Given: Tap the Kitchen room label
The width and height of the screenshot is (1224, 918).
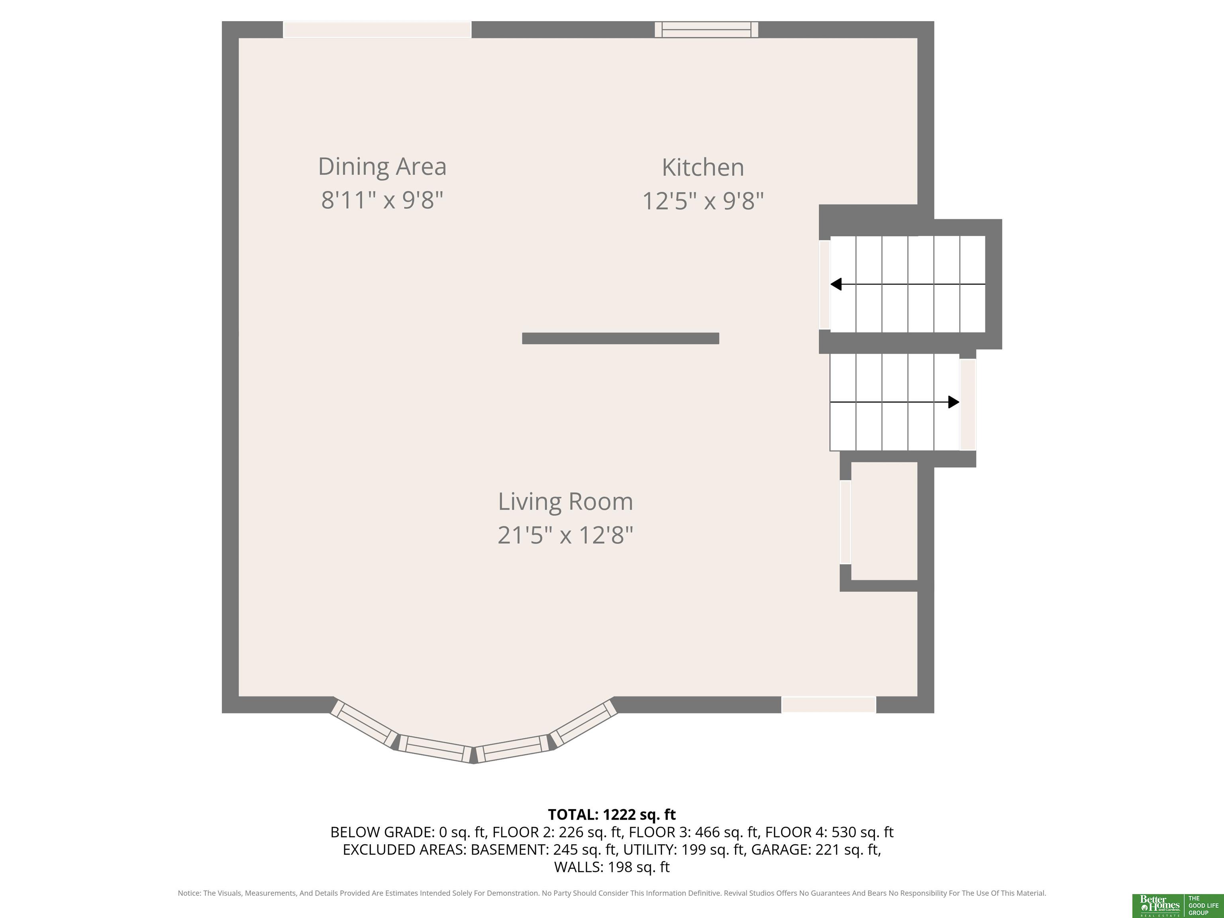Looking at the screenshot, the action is pos(703,167).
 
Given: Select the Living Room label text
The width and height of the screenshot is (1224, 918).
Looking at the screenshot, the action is pos(565,501).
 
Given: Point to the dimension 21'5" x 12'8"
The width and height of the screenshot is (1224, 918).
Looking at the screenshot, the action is pos(565,535).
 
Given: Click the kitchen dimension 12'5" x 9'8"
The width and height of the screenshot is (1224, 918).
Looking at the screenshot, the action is pos(703,201).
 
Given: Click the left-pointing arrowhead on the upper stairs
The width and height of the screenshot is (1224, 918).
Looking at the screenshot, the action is pos(836,284).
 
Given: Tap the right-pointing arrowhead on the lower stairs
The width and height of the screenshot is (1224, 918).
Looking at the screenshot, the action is pos(953,402).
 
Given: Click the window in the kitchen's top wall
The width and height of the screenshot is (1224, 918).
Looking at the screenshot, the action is pos(706,29).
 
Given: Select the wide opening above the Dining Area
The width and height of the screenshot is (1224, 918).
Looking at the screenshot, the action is pos(377,29).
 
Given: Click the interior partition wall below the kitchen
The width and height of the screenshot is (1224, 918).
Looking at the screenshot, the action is pos(620,338).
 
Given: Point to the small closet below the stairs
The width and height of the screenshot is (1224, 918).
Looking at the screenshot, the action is pos(884,521).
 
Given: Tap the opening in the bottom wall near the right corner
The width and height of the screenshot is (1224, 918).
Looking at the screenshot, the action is pos(828,704).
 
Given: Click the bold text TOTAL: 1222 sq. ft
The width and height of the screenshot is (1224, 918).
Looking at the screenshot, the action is pos(612,814).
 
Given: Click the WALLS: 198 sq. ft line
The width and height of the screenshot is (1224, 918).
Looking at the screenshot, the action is pos(612,867).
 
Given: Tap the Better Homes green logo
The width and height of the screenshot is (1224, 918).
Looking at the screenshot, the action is pos(1157,905).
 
